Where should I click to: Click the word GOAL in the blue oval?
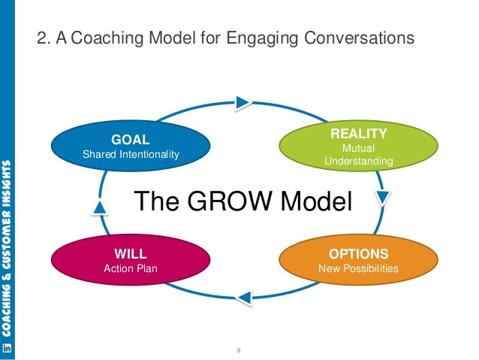131,139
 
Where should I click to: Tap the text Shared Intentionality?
131,154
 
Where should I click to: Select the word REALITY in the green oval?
358,134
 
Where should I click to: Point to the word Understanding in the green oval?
358,161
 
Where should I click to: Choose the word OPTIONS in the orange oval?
358,253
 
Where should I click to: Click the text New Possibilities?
358,268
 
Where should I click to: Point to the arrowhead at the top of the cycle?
242,101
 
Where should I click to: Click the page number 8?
238,350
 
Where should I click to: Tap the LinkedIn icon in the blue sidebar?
8,347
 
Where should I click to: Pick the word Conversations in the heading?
357,36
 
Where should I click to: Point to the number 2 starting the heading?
43,36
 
